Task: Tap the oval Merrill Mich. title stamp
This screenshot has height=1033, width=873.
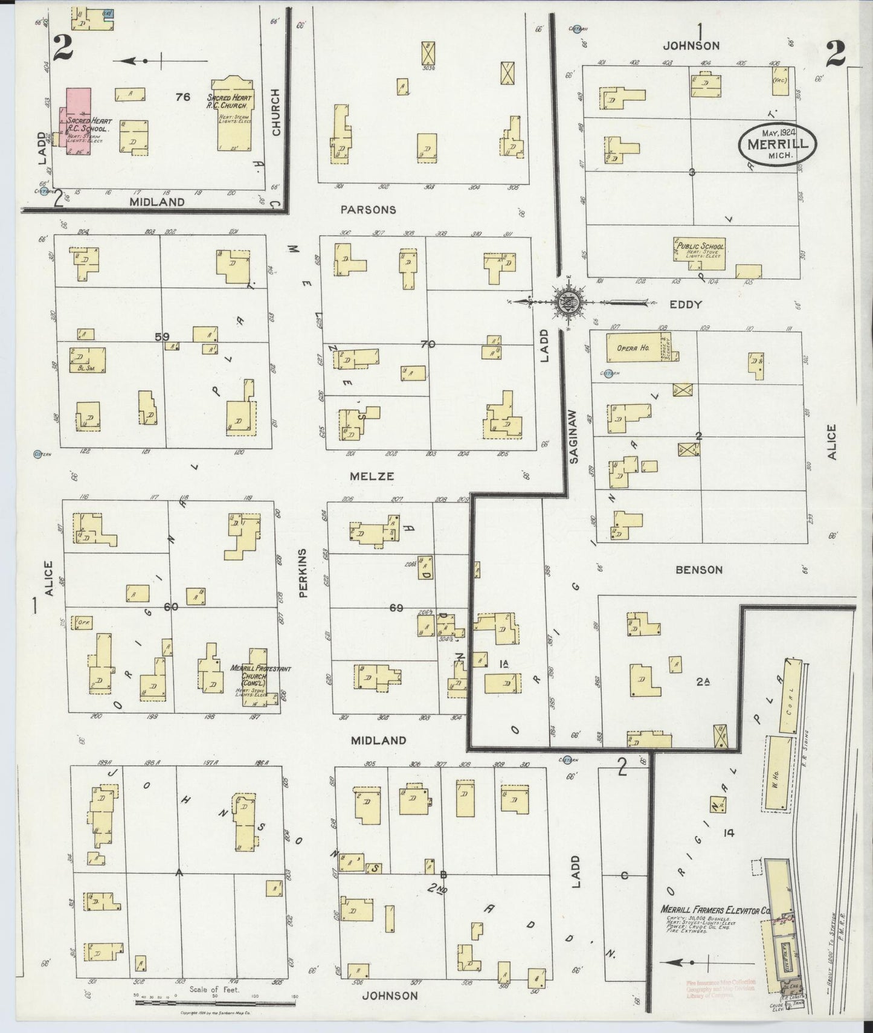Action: tap(777, 143)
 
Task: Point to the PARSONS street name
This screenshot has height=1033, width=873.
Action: tap(368, 210)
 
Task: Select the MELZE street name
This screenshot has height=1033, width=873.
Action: tap(372, 476)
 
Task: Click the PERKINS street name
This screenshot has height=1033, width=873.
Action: tap(303, 573)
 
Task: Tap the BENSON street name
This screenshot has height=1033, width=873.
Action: tap(700, 570)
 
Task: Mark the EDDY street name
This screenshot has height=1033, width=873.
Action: tap(686, 304)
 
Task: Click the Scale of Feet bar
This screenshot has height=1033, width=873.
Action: tap(214, 1002)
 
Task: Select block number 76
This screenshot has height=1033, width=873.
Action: tap(183, 97)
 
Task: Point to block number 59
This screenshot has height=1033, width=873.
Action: tap(162, 336)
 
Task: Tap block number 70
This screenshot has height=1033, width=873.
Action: tap(428, 344)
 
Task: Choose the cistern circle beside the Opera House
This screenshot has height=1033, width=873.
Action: tap(609, 373)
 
